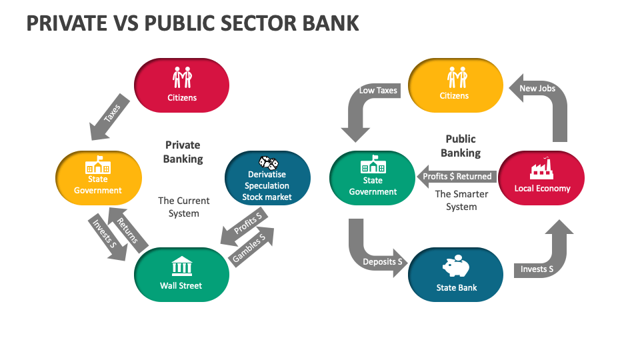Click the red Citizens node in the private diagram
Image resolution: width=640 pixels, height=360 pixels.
pyautogui.click(x=181, y=85)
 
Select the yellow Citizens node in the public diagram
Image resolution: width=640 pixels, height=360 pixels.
pyautogui.click(x=454, y=85)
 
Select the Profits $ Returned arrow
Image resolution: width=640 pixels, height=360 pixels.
pyautogui.click(x=456, y=177)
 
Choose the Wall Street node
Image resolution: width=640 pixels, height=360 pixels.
pyautogui.click(x=181, y=274)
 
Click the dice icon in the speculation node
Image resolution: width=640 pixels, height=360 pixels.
pyautogui.click(x=267, y=162)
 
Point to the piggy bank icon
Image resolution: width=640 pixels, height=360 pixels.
pyautogui.click(x=456, y=267)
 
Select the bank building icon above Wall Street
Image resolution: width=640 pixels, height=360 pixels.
pyautogui.click(x=181, y=265)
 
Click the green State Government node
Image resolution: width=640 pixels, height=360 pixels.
pyautogui.click(x=373, y=178)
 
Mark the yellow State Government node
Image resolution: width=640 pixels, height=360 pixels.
pyautogui.click(x=98, y=178)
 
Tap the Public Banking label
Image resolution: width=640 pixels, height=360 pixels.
pyautogui.click(x=461, y=146)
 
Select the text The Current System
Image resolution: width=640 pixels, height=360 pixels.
pyautogui.click(x=183, y=207)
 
